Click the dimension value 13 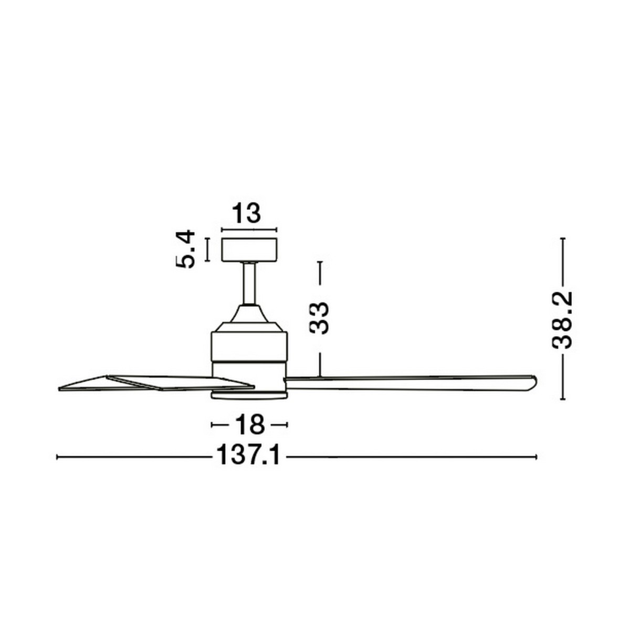click(x=246, y=213)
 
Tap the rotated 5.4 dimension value click(x=185, y=249)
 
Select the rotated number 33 click(x=319, y=318)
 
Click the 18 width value click(x=250, y=425)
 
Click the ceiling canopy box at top click(x=249, y=250)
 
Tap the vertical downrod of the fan click(x=249, y=283)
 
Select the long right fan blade click(x=410, y=383)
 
